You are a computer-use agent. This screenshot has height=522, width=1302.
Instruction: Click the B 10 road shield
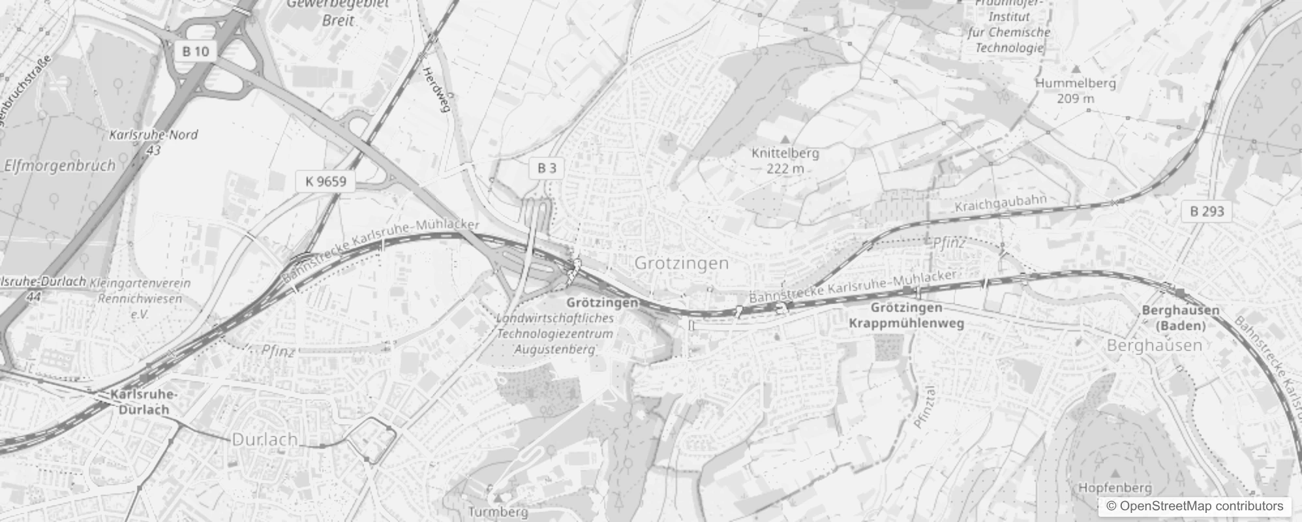point(196,51)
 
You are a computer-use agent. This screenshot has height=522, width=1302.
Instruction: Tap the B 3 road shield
point(547,168)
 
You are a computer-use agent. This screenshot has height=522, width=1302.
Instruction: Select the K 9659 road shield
point(325,181)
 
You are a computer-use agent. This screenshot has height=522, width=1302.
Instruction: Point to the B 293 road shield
point(1207,211)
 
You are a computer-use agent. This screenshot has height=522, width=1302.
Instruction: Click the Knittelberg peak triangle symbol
point(785,139)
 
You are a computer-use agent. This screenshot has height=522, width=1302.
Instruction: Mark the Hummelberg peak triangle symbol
point(1076,69)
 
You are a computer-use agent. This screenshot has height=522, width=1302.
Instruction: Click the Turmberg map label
point(498,512)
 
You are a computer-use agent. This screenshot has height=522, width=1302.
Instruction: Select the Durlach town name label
point(265,440)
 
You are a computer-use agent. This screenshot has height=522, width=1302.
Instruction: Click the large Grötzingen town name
point(682,264)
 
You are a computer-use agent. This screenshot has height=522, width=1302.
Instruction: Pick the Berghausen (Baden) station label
point(1180,318)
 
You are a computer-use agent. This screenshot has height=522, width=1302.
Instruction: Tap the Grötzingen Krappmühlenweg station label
point(906,315)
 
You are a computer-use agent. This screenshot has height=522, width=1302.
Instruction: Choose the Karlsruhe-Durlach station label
point(144,402)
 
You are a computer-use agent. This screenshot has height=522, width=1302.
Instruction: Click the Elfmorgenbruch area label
point(59,165)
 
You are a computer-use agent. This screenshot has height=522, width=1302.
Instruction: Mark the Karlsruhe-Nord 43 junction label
point(153,142)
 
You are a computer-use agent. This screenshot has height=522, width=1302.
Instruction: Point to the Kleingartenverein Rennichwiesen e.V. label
point(140,298)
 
